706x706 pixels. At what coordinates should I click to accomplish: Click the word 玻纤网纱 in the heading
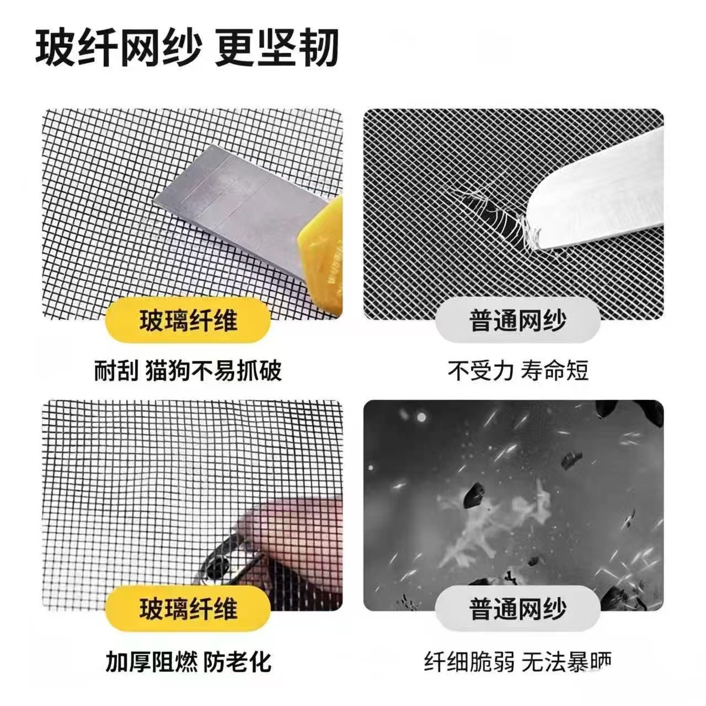tap(119, 48)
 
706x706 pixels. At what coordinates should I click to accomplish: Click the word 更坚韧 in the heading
tap(277, 48)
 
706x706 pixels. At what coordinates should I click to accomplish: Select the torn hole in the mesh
tap(491, 216)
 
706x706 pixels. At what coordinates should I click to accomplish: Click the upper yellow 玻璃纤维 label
tap(188, 320)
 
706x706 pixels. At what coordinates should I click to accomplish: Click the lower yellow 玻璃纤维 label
tap(188, 608)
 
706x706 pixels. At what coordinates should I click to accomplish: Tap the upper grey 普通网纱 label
tap(518, 320)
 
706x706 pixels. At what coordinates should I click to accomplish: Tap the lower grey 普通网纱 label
tap(518, 608)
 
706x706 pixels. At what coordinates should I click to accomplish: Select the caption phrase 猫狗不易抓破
tap(214, 371)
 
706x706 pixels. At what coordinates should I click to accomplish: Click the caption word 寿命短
tap(554, 371)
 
